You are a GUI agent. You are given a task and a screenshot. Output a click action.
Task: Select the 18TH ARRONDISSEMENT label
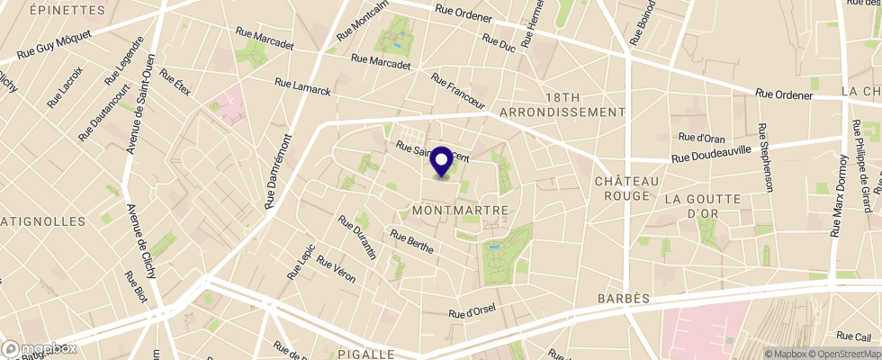coord(585,104)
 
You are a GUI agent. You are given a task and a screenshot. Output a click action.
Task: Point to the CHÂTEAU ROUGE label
coord(622,188)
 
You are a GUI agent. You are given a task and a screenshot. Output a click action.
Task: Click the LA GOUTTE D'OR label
coord(702,205)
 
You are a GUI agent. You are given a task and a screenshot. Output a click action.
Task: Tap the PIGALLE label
coord(366,354)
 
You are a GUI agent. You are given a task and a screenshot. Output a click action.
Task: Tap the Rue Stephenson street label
coord(766,157)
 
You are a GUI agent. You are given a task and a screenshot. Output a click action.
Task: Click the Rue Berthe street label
coord(412,240)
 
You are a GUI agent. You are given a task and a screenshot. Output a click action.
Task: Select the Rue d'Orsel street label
coord(472,312)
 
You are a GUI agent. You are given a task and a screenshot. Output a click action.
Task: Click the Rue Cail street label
coord(853,336)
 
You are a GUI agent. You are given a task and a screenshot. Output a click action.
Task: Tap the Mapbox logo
coord(40,348)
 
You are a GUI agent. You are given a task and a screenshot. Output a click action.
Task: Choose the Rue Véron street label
coord(336,268)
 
